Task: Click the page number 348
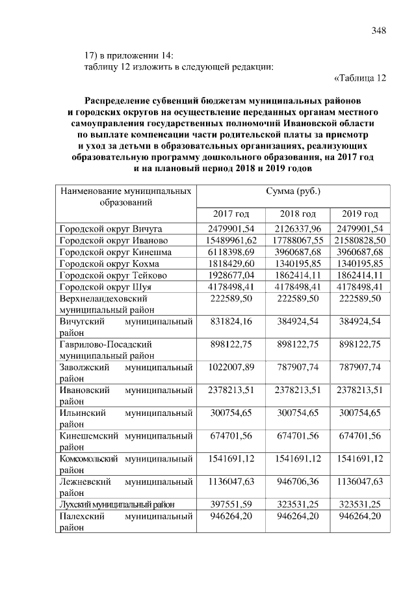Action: point(379,31)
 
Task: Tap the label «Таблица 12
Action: point(360,79)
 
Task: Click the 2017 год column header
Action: point(231,214)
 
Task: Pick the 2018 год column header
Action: point(297,214)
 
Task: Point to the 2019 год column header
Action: point(360,214)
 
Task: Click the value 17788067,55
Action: point(297,241)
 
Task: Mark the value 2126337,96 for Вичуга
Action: point(297,229)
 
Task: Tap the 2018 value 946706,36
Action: point(297,481)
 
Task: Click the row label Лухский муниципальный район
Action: point(117,504)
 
